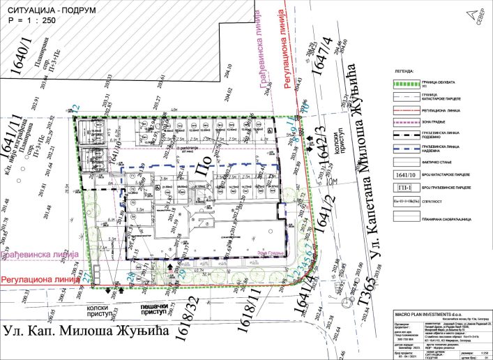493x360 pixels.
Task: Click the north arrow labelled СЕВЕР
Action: (476, 15)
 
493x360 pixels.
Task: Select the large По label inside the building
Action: (203, 170)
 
